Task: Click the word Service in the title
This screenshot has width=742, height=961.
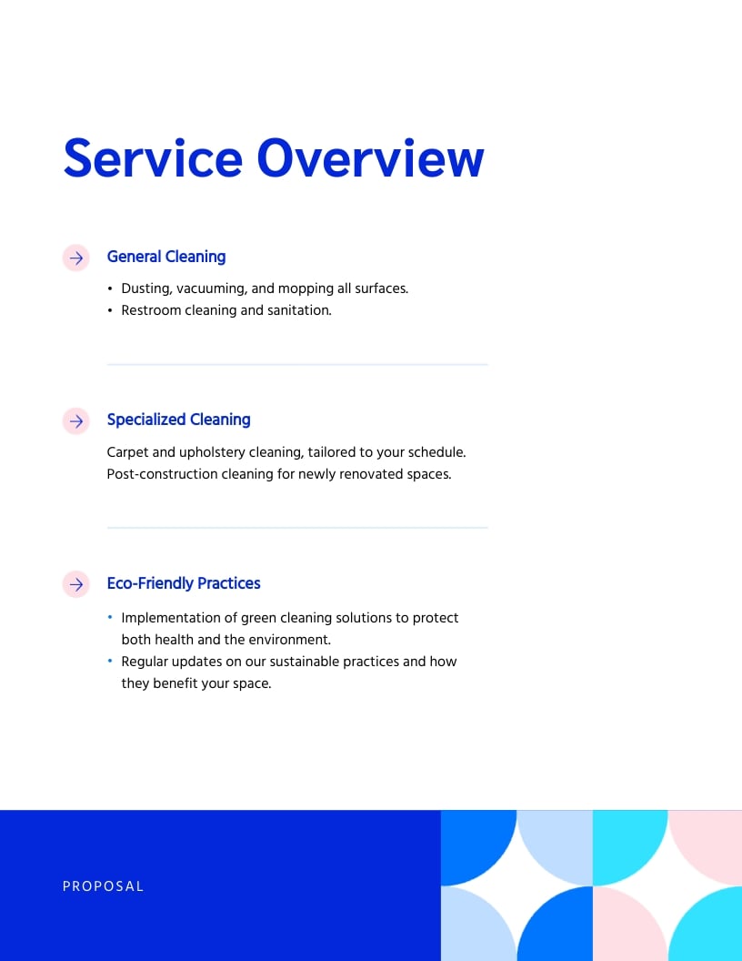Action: point(152,158)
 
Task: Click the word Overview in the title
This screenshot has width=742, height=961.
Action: point(370,158)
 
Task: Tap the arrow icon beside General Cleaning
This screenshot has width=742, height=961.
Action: point(76,258)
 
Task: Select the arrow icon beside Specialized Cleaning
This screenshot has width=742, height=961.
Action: point(76,420)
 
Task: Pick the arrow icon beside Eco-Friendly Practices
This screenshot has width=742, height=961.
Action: point(76,583)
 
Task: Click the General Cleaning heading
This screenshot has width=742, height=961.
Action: point(166,257)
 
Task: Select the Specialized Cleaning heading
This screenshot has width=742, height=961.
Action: point(178,420)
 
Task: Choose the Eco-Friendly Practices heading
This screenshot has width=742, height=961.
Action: point(184,583)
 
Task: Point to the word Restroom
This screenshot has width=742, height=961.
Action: point(151,310)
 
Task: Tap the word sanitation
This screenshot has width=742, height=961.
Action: point(298,310)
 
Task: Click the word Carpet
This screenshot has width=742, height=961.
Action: point(128,452)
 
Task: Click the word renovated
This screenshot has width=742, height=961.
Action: point(371,474)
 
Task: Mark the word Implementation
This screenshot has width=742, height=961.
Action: point(167,618)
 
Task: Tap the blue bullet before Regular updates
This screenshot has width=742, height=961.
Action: point(110,661)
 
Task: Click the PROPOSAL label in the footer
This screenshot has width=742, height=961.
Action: point(103,886)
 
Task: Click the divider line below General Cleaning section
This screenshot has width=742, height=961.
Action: point(297,364)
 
